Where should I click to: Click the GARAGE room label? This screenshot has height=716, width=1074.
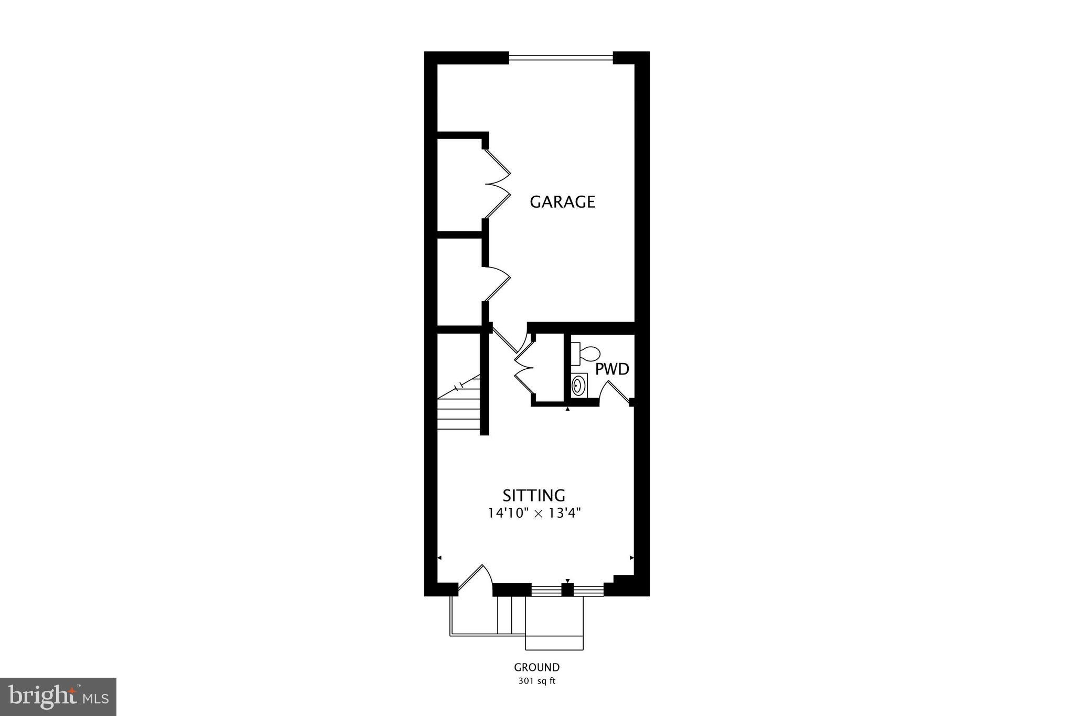pyautogui.click(x=562, y=202)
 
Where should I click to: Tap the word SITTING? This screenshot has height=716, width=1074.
pyautogui.click(x=534, y=496)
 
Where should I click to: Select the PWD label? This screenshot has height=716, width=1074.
pyautogui.click(x=612, y=369)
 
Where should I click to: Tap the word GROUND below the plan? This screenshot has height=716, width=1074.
pyautogui.click(x=536, y=668)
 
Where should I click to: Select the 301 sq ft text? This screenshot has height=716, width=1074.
pyautogui.click(x=536, y=682)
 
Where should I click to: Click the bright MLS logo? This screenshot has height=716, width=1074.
pyautogui.click(x=58, y=697)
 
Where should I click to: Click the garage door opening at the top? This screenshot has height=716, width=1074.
pyautogui.click(x=561, y=58)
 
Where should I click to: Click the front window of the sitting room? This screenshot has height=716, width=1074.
pyautogui.click(x=567, y=590)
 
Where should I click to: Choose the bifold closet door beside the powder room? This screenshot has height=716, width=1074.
pyautogui.click(x=524, y=368)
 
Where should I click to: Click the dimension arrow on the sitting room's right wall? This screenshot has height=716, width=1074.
pyautogui.click(x=631, y=558)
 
